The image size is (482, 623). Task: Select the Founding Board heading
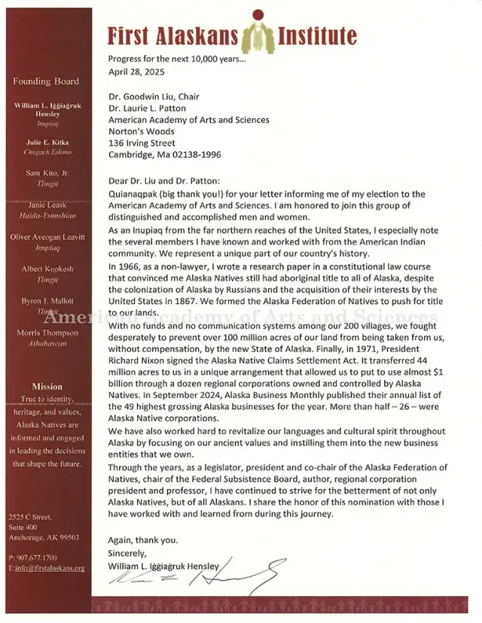tap(46, 81)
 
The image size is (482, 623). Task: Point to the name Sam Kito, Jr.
tap(47, 173)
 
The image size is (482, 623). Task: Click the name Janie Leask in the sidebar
tap(47, 205)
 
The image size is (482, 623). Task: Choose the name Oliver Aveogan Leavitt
tap(47, 237)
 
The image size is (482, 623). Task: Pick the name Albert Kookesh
tap(47, 269)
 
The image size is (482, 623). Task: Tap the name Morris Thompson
tap(47, 333)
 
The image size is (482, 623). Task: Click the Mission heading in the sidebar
tap(47, 386)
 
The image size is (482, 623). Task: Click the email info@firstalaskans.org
tap(47, 567)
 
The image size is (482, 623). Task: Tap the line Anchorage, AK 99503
tap(43, 537)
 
